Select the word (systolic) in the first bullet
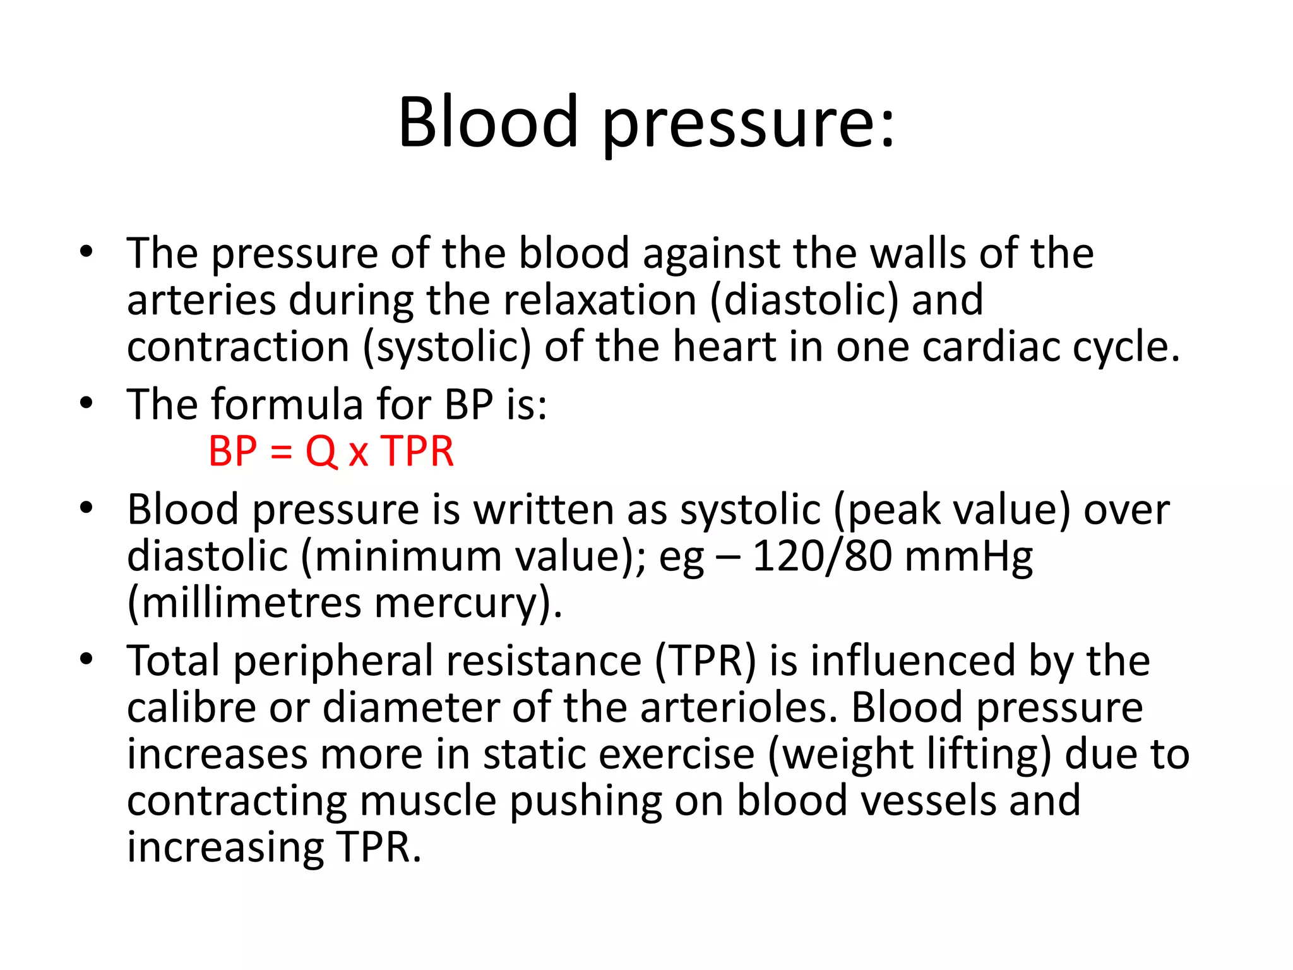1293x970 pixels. point(447,348)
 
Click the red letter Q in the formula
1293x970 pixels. point(321,452)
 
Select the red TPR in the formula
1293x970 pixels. point(418,452)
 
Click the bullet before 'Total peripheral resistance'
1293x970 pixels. point(86,659)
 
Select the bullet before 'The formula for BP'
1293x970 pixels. point(86,402)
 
